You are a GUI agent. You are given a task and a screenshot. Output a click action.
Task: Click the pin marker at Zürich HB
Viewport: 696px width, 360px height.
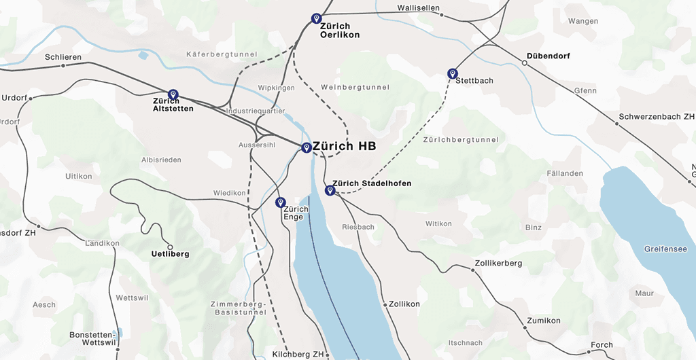point(307,147)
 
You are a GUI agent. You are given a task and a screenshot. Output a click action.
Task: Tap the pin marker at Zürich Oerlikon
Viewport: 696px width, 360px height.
point(316,18)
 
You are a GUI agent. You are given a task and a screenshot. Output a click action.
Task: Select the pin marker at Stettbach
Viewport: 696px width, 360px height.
point(453,73)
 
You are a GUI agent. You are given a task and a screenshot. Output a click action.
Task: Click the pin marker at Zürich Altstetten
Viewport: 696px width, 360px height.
point(173,94)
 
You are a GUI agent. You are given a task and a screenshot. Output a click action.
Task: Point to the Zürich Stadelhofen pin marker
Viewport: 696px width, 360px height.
point(330,190)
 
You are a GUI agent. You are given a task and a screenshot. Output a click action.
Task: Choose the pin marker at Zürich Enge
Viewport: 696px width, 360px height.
point(280,202)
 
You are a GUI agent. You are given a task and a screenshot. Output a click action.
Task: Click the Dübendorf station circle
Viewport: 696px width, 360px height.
point(524,63)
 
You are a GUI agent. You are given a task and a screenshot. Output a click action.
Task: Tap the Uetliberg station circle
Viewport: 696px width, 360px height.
point(170,247)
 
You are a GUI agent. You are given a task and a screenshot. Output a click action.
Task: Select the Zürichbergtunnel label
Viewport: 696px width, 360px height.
point(460,140)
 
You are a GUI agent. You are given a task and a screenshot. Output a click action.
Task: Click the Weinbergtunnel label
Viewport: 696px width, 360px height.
point(355,87)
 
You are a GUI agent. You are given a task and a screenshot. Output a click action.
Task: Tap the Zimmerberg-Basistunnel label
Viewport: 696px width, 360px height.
point(235,308)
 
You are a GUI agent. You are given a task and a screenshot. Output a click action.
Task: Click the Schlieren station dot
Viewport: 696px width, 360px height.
point(63,66)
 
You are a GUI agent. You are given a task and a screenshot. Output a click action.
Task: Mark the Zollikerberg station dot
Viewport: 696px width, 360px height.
point(472,270)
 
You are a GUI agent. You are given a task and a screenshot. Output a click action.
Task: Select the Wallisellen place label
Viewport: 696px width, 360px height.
point(418,8)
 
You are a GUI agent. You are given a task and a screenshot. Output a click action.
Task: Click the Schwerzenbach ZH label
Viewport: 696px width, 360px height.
point(657,117)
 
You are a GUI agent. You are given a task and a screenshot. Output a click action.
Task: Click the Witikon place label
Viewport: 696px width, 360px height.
point(438,223)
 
